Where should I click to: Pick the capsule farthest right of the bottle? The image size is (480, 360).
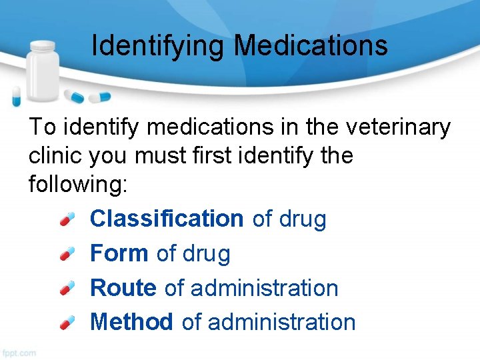(x=99, y=97)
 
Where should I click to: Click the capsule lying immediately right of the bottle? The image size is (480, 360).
(x=75, y=97)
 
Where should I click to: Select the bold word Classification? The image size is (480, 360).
(x=167, y=219)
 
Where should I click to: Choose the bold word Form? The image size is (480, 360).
(x=119, y=253)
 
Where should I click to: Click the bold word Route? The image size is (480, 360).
(x=123, y=288)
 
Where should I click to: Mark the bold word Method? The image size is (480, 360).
(x=131, y=322)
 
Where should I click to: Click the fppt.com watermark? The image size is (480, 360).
(x=19, y=351)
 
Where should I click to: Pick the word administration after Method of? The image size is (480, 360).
(x=282, y=322)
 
